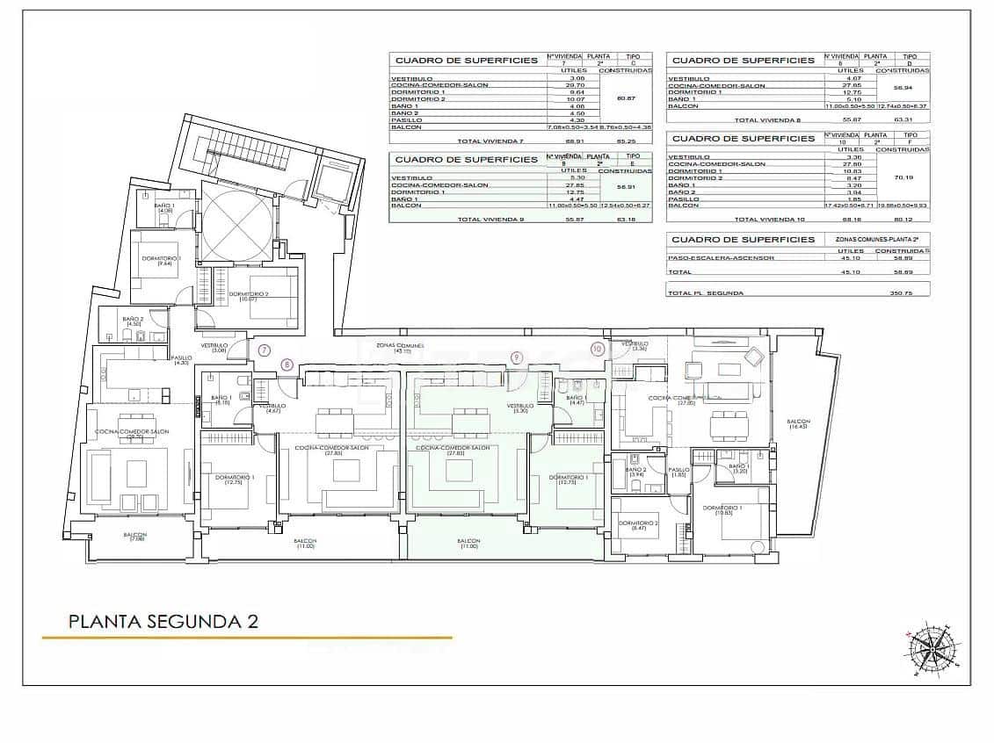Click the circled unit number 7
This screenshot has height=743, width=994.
point(265,350)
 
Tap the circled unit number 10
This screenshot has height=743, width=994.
point(598,349)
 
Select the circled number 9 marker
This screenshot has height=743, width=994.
point(517,357)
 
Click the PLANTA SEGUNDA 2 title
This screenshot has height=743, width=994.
point(164,622)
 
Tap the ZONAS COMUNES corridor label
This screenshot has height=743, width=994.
point(394,348)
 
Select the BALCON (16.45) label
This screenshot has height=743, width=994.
point(799,424)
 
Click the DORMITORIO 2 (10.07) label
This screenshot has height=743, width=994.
point(249,296)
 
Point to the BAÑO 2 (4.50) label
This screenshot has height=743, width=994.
point(133,321)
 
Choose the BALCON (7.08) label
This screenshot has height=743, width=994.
point(134,537)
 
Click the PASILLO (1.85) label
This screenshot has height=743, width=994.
point(678,472)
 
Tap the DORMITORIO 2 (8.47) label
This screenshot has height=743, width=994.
point(632,525)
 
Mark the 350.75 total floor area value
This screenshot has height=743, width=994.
point(902,292)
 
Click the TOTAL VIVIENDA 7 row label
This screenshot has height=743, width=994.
point(486,141)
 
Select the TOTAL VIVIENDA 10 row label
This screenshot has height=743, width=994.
point(765,220)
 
